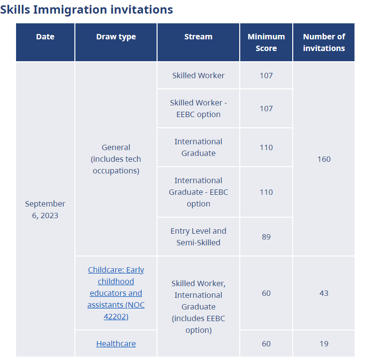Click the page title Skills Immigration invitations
click(87, 9)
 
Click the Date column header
click(45, 37)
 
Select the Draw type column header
click(116, 37)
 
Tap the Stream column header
click(198, 37)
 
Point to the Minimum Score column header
click(266, 42)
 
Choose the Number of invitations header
click(324, 42)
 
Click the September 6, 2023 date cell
click(45, 209)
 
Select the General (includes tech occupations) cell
click(116, 159)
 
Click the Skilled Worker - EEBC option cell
click(198, 108)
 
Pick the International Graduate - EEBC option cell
click(198, 192)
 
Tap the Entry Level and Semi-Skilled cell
click(198, 237)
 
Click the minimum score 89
click(266, 237)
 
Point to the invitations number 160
click(324, 159)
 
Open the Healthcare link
click(116, 343)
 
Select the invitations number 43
click(324, 293)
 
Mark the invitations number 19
click(324, 343)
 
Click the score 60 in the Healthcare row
click(266, 343)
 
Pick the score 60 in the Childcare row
click(266, 293)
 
